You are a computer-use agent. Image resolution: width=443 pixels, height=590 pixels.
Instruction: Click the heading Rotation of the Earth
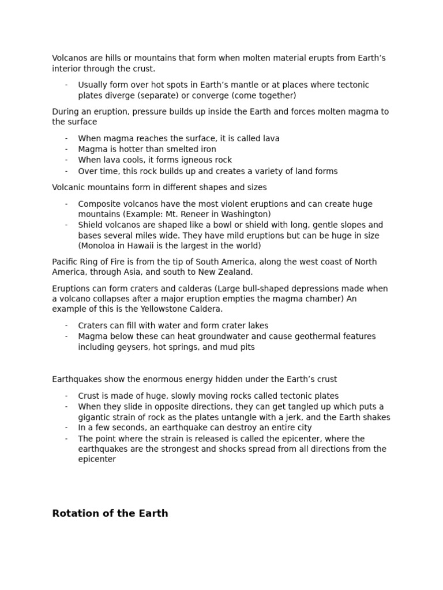pyautogui.click(x=110, y=513)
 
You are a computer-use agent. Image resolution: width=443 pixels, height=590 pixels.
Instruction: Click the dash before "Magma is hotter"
pyautogui.click(x=66, y=149)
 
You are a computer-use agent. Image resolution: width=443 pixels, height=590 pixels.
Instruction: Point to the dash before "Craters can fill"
pyautogui.click(x=66, y=326)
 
